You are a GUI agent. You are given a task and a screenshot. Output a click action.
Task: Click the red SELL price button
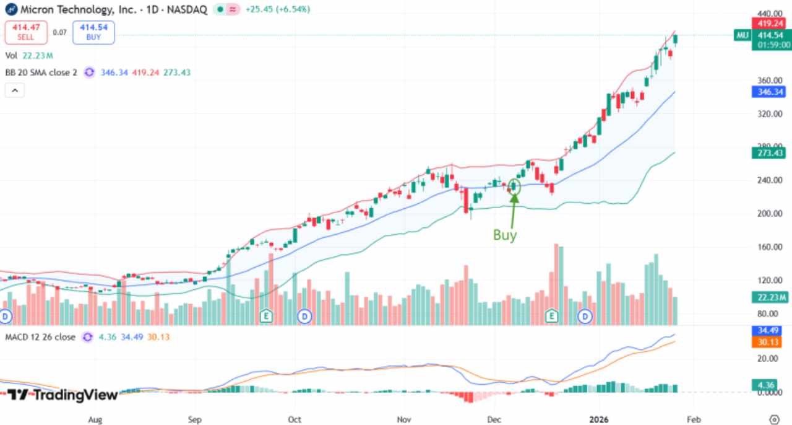tap(25, 32)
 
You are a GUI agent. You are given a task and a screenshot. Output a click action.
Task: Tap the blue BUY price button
tap(93, 32)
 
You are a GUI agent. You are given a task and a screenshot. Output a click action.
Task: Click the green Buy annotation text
tap(504, 235)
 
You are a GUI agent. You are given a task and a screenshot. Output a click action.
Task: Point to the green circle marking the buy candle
tap(514, 186)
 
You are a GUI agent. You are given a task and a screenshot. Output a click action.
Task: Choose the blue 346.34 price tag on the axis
tap(770, 92)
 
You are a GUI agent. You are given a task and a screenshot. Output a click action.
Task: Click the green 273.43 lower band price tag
tap(770, 152)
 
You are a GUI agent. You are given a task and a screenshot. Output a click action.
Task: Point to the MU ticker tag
tap(742, 35)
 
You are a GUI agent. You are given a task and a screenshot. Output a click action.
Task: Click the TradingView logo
tap(62, 394)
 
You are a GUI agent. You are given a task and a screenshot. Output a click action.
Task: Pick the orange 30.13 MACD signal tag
tap(770, 343)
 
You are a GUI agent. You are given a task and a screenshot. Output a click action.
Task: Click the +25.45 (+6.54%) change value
tap(278, 10)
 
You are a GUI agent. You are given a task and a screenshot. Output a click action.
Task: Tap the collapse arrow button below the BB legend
tap(14, 90)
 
